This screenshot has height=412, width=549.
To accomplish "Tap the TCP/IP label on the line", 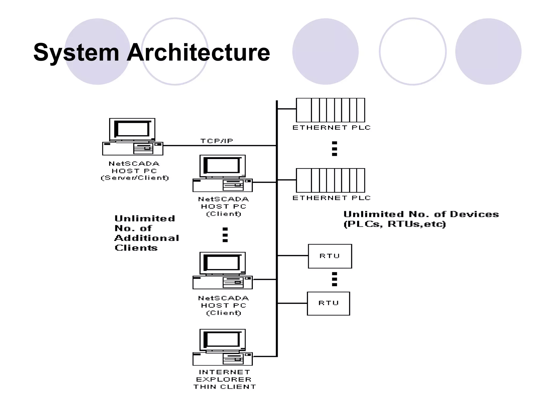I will [x=217, y=141].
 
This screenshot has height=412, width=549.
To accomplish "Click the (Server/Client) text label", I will [x=135, y=178].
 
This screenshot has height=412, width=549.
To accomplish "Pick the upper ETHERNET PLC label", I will [x=331, y=128].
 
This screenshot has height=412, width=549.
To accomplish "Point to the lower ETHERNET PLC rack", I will [x=330, y=180].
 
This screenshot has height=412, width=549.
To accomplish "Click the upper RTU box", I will [x=330, y=256].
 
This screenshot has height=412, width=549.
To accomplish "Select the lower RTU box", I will [x=328, y=303].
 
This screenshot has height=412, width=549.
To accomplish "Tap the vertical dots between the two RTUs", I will [x=334, y=279].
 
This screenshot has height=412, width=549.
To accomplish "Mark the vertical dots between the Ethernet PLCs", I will [x=334, y=149].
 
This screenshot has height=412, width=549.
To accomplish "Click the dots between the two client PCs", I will [x=225, y=235].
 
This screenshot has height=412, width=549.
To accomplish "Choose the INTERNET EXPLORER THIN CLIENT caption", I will [x=224, y=379].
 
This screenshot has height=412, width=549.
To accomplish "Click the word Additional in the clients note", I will [x=147, y=238].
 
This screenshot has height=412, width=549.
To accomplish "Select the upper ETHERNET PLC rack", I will [x=330, y=110].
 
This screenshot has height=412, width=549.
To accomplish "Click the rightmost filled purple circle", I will [x=488, y=51].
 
